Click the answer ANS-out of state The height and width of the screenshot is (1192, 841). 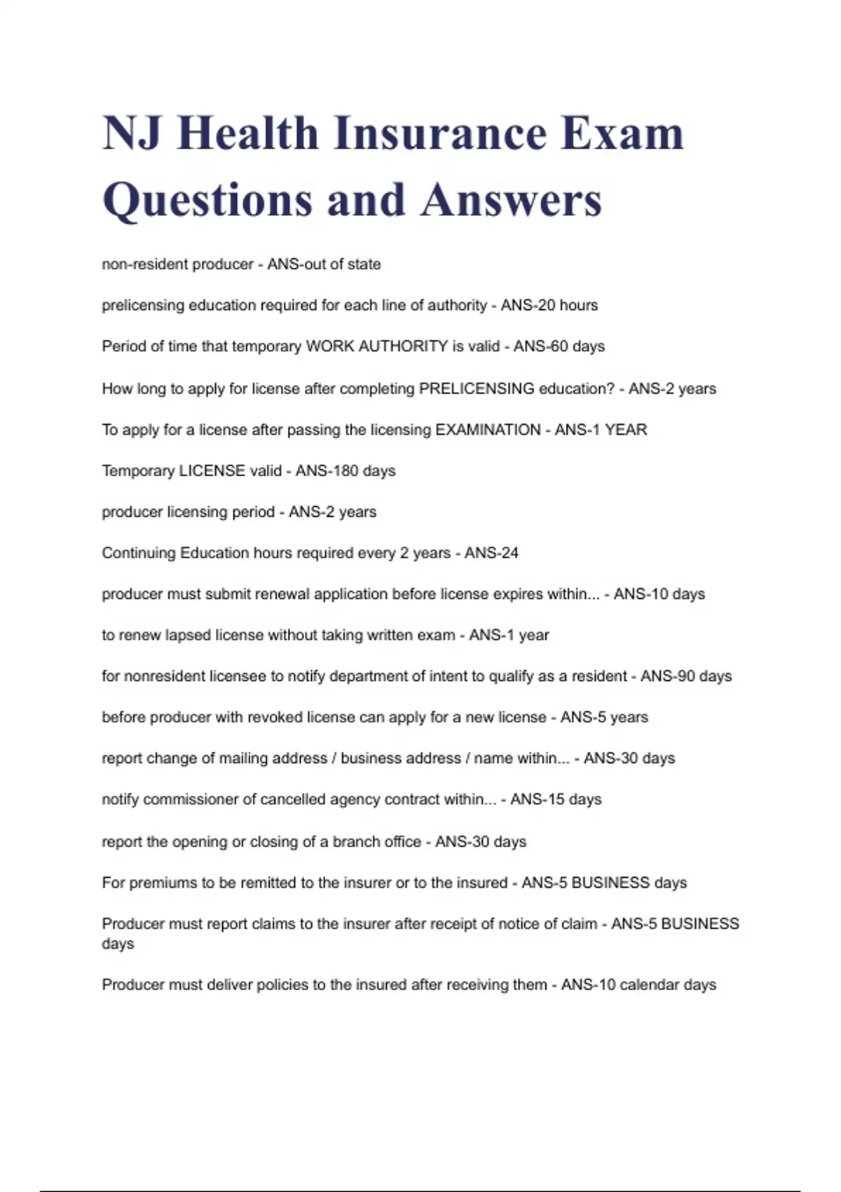pyautogui.click(x=324, y=264)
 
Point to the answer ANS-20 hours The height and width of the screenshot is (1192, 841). pyautogui.click(x=549, y=305)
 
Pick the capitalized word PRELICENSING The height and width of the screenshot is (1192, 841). pyautogui.click(x=477, y=388)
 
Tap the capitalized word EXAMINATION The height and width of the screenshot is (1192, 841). pyautogui.click(x=488, y=429)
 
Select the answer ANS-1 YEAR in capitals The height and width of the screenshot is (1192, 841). pyautogui.click(x=601, y=429)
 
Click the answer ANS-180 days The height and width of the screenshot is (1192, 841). pyautogui.click(x=346, y=470)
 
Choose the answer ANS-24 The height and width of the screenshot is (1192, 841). pyautogui.click(x=491, y=553)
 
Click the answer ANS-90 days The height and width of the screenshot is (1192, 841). pyautogui.click(x=686, y=676)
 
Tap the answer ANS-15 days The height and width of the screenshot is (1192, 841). pyautogui.click(x=556, y=799)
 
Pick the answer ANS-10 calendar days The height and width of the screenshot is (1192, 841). pyautogui.click(x=638, y=984)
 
